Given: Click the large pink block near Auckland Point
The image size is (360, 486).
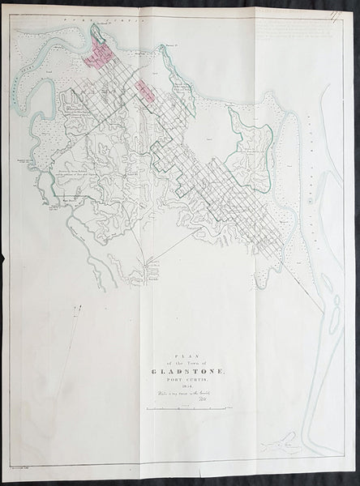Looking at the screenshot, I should (x=98, y=59).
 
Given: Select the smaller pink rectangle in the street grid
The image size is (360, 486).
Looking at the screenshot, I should (x=146, y=88).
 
